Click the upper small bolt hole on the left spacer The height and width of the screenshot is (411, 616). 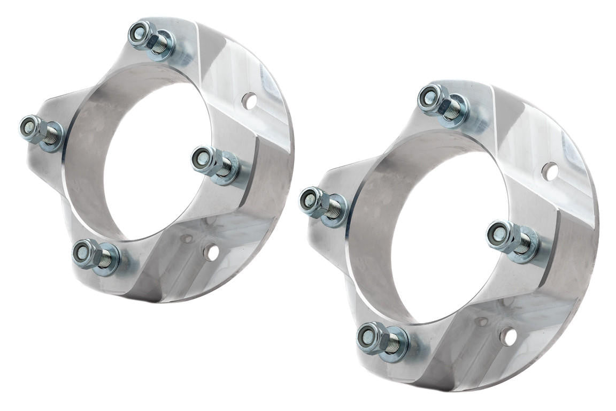(x=249, y=100)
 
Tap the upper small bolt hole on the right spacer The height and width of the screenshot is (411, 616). (x=549, y=171)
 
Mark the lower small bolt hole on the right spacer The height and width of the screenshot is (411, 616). (x=508, y=337)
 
